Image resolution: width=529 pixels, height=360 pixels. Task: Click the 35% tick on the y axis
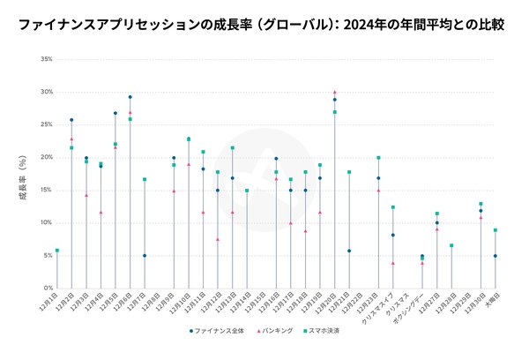click(x=46, y=59)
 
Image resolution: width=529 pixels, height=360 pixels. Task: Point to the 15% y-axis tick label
click(x=46, y=190)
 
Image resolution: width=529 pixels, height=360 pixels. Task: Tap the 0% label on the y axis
click(x=48, y=288)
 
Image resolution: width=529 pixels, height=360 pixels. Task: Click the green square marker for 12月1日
click(x=57, y=251)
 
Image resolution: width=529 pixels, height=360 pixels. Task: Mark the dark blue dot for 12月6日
click(x=130, y=97)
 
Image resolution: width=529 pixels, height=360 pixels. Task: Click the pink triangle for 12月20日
click(x=334, y=92)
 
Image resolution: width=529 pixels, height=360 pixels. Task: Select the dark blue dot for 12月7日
click(x=145, y=256)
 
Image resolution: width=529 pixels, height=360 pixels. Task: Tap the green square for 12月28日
click(x=451, y=245)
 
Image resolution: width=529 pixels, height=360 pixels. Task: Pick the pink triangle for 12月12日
click(x=218, y=239)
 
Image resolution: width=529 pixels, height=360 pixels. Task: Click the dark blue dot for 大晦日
click(x=495, y=256)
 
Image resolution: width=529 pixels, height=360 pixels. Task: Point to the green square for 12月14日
click(x=247, y=191)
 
